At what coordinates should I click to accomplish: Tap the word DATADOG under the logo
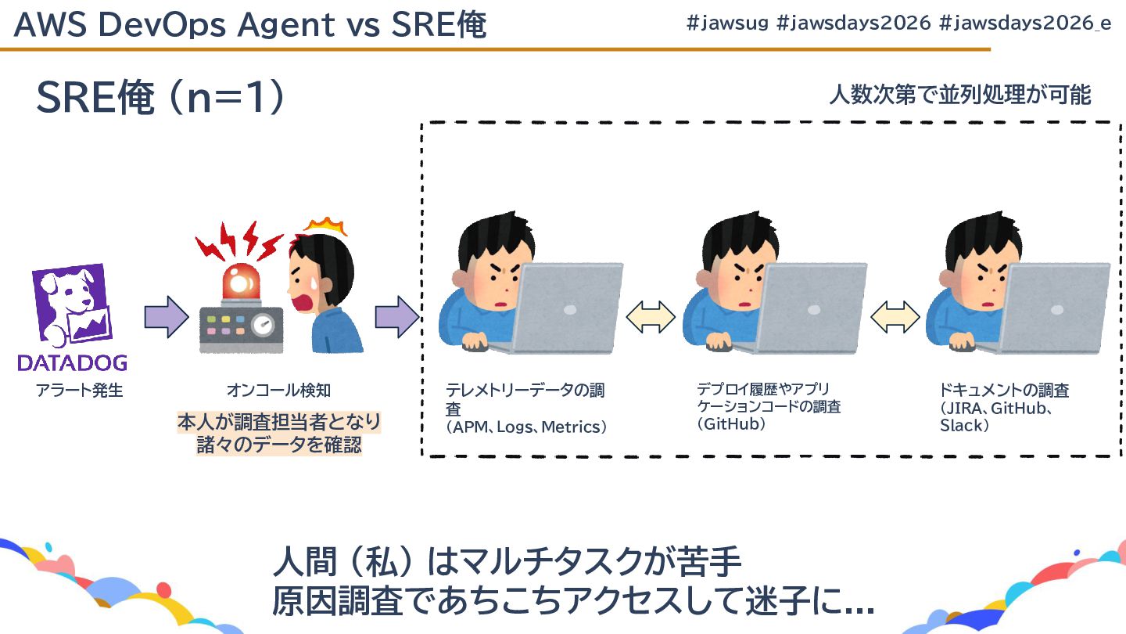point(72,362)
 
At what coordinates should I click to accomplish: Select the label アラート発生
point(79,390)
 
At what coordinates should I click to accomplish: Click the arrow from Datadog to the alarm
point(167,316)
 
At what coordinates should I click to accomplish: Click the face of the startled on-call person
point(309,282)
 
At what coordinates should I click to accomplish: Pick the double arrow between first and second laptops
point(651,316)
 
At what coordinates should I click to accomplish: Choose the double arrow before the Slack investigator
point(895,316)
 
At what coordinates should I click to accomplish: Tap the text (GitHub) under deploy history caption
point(731,424)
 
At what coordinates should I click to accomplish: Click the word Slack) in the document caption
point(965,426)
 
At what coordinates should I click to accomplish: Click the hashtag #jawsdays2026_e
point(1024,23)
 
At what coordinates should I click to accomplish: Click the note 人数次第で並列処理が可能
point(959,95)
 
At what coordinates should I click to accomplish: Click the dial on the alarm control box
point(266,322)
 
